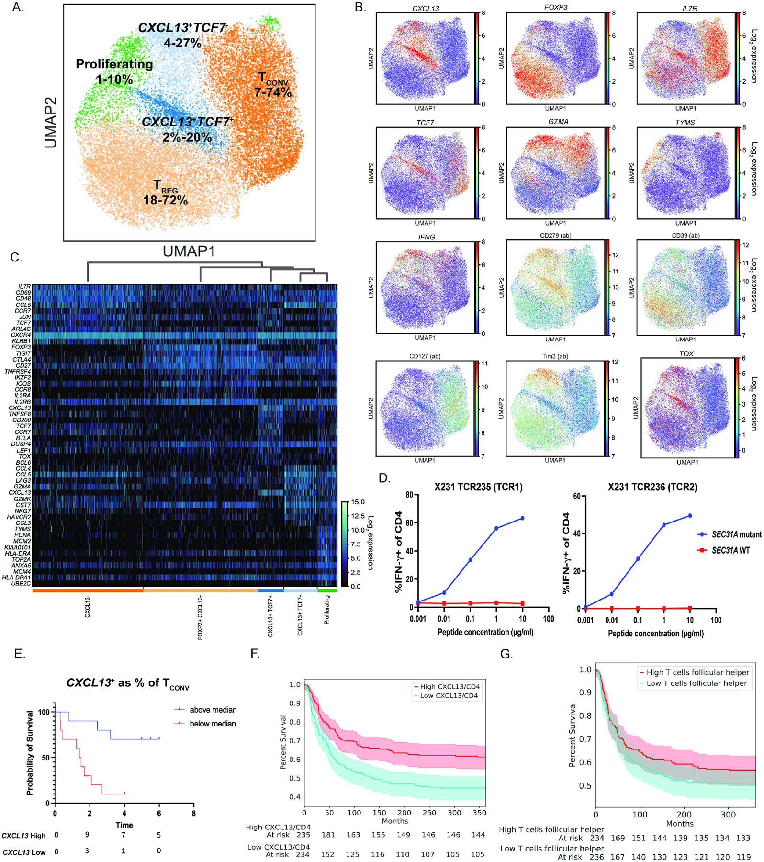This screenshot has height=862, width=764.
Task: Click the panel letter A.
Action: pyautogui.click(x=18, y=8)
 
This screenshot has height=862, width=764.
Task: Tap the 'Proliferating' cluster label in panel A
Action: pyautogui.click(x=114, y=64)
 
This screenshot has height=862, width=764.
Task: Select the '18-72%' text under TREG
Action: pyautogui.click(x=165, y=201)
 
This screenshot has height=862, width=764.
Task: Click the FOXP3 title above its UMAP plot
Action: pyautogui.click(x=556, y=7)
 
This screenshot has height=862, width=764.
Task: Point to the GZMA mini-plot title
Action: pyautogui.click(x=558, y=122)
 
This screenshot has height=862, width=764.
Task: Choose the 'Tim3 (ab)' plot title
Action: pyautogui.click(x=555, y=356)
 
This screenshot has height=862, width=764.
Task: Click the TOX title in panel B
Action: pyautogui.click(x=686, y=353)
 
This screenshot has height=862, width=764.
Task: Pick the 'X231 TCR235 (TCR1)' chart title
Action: pyautogui.click(x=478, y=487)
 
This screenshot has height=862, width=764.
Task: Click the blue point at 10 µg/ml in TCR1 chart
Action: pyautogui.click(x=522, y=518)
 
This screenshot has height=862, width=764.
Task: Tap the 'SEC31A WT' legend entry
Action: pyautogui.click(x=730, y=550)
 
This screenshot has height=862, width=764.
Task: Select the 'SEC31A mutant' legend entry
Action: pyautogui.click(x=736, y=534)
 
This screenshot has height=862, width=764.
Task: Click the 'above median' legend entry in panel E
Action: pyautogui.click(x=213, y=710)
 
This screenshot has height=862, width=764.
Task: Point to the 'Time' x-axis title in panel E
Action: pyautogui.click(x=124, y=825)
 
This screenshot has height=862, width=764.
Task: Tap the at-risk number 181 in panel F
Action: pyautogui.click(x=328, y=835)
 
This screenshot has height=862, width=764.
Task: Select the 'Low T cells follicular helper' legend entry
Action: pyautogui.click(x=697, y=683)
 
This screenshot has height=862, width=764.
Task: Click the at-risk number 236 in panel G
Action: pyautogui.click(x=596, y=857)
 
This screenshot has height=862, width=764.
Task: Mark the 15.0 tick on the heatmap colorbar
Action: pyautogui.click(x=358, y=502)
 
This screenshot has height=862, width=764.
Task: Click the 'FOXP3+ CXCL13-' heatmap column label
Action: pyautogui.click(x=200, y=618)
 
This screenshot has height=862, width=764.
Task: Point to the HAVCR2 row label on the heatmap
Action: pyautogui.click(x=19, y=517)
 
